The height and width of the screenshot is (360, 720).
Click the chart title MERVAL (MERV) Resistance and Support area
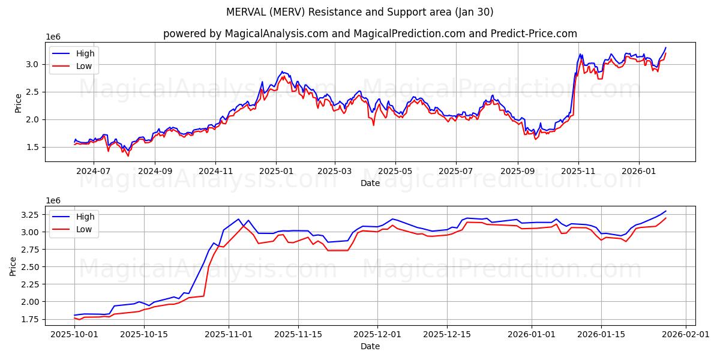[x=360, y=12]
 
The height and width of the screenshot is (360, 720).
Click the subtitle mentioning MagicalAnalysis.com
[x=370, y=34]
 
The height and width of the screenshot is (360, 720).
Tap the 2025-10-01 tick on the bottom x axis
[x=74, y=335]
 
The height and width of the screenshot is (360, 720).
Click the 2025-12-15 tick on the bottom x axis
[x=447, y=335]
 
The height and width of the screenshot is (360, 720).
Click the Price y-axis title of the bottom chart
[x=13, y=265]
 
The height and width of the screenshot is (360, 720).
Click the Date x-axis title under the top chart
[x=370, y=183]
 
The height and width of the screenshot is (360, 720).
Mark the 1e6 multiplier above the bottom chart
[x=54, y=200]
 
